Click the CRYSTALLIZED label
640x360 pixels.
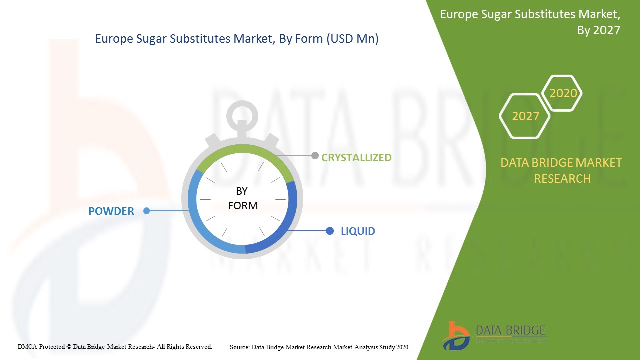[x=356, y=157]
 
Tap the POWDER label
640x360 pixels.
[x=111, y=211]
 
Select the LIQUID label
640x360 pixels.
[x=358, y=231]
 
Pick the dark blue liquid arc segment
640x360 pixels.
[x=287, y=228]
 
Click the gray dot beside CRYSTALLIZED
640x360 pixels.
[x=315, y=155]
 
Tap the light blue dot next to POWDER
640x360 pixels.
[x=146, y=211]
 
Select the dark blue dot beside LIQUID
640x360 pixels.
[x=329, y=231]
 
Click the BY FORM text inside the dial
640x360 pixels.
[x=243, y=198]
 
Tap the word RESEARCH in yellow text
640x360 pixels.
[x=562, y=179]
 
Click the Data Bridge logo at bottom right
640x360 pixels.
[x=494, y=335]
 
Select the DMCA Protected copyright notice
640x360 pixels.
[x=115, y=347]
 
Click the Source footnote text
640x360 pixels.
[x=319, y=347]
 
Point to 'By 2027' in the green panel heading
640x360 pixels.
[x=598, y=30]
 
